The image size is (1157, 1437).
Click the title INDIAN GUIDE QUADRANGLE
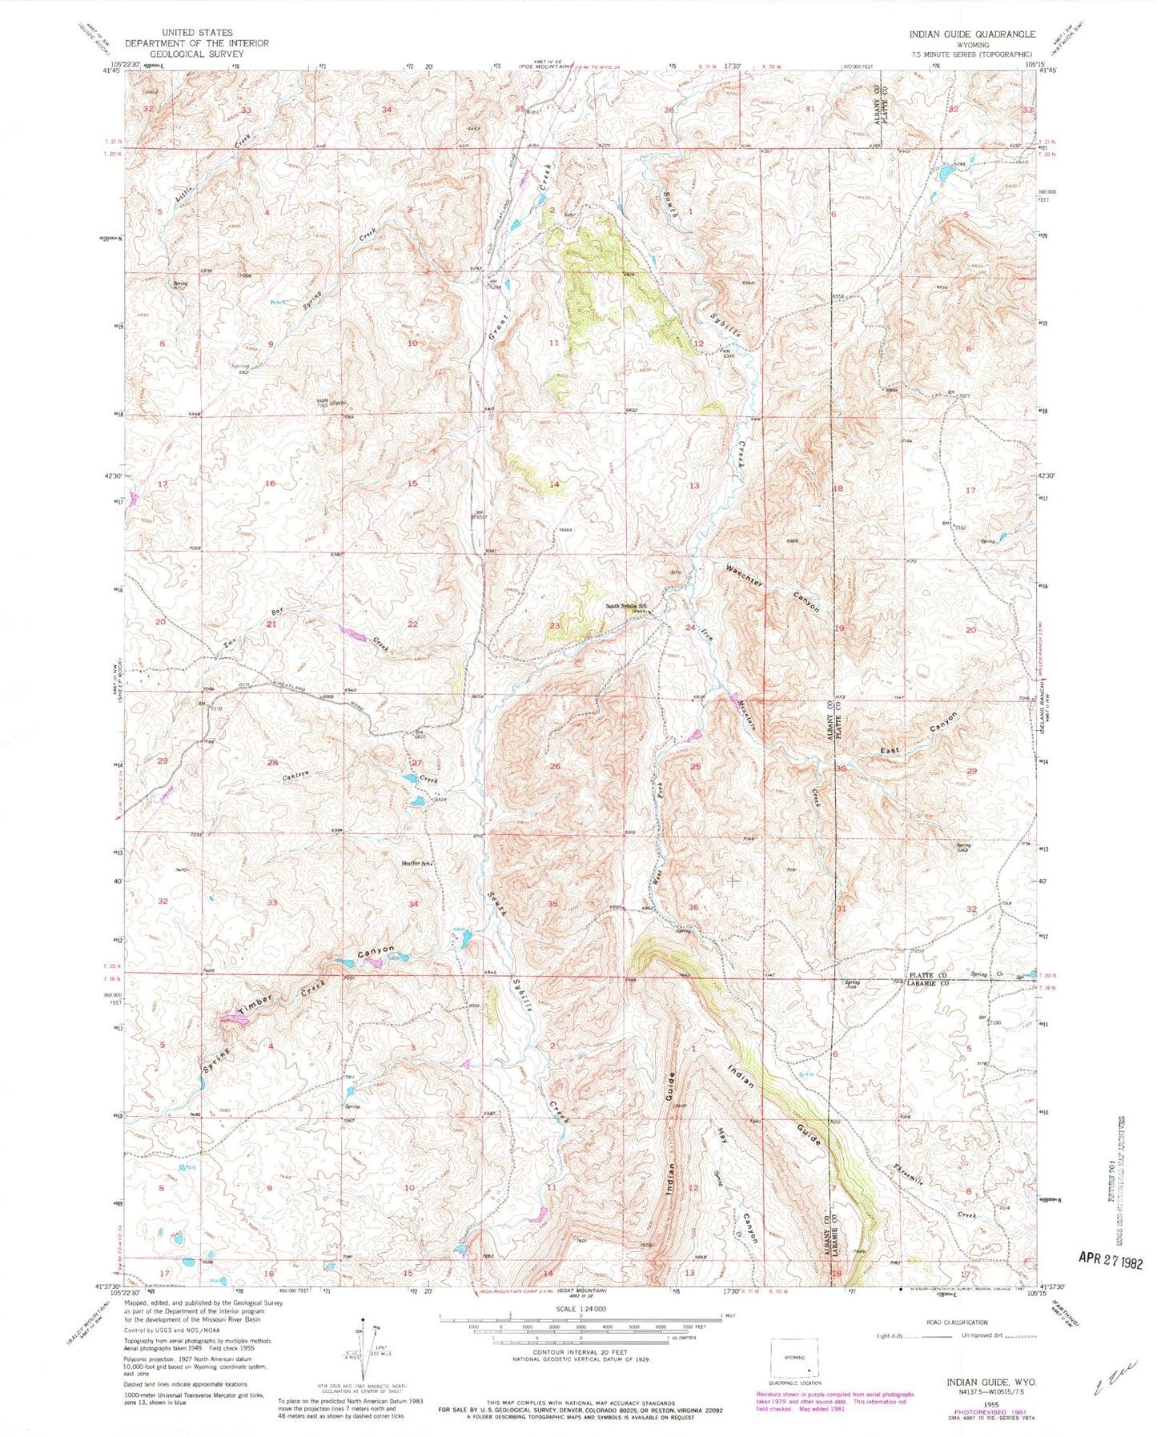971,34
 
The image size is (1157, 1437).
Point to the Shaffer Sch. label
417,863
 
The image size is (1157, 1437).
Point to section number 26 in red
555,766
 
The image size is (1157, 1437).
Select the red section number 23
555,625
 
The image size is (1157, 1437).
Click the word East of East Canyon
891,750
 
